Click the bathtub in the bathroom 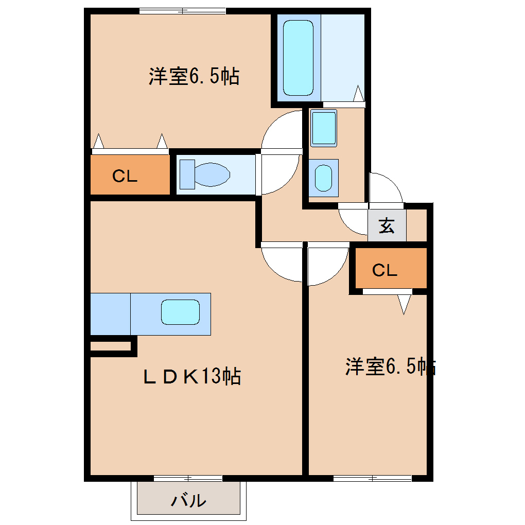(x=298, y=58)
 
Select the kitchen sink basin (x=180, y=312)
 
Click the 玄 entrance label (x=387, y=225)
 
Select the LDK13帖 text (x=192, y=377)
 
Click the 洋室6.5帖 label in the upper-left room (x=194, y=77)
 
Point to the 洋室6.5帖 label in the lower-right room (x=390, y=367)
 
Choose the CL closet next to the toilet (x=126, y=177)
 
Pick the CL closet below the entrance (x=385, y=270)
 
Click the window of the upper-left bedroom (x=183, y=11)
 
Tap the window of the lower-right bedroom (x=372, y=478)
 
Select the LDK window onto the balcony (x=188, y=478)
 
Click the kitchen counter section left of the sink (x=110, y=314)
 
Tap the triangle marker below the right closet (x=405, y=304)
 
